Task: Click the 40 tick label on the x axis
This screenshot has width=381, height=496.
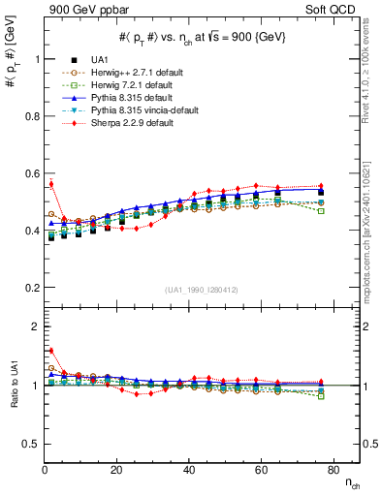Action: (188, 470)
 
